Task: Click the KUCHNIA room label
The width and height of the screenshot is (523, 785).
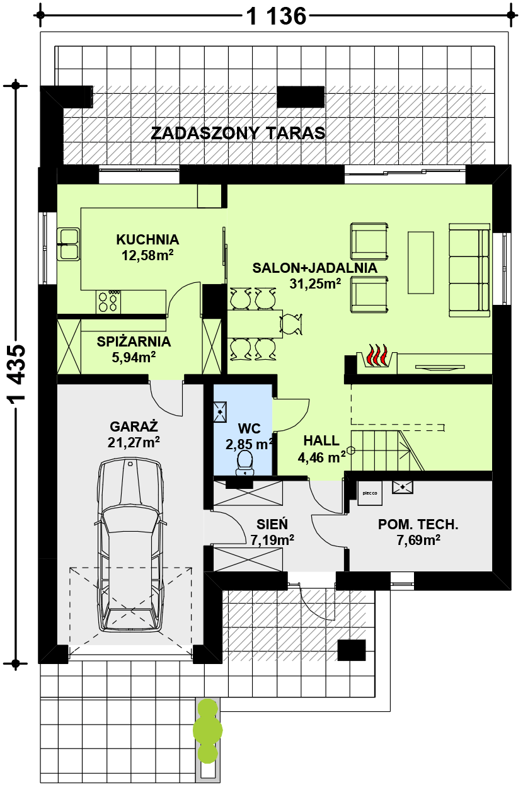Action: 147,239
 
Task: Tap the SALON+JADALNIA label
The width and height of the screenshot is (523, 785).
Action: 315,268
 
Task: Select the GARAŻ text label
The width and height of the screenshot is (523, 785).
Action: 134,427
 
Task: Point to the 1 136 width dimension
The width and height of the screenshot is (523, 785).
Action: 276,16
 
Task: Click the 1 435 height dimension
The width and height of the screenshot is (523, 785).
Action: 17,373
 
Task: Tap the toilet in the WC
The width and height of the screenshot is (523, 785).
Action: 244,463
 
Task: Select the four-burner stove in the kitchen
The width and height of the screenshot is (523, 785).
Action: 108,302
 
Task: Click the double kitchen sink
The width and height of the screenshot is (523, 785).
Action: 68,244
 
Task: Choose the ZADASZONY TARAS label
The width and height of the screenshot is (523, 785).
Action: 238,133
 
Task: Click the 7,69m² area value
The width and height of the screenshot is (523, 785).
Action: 418,540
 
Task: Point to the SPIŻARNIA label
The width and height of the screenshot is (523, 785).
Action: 134,341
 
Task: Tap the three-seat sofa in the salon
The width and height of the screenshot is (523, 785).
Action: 469,270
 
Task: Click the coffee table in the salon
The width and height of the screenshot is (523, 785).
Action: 421,263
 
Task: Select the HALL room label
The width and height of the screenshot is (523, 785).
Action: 321,441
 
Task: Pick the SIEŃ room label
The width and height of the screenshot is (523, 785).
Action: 272,524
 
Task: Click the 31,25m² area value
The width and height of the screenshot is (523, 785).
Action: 315,284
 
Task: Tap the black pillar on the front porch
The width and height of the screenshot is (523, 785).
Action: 352,650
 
